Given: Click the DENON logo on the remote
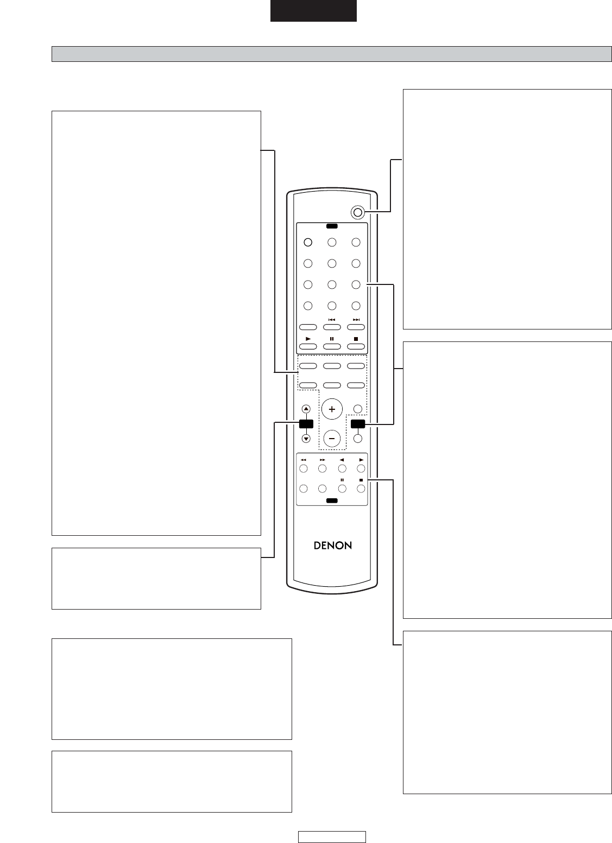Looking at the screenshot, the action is tap(333, 546).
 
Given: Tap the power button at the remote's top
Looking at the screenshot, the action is tap(357, 212).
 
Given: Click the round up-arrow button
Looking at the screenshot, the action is tap(306, 409).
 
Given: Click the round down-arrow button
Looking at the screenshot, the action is tap(306, 439).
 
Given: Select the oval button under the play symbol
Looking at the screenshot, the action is tap(308, 346).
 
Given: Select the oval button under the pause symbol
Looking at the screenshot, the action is tap(332, 346).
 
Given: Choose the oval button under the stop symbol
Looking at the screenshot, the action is tap(356, 346).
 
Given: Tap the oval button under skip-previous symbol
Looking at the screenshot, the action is tap(332, 327).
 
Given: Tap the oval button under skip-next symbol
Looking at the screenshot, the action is tap(356, 327).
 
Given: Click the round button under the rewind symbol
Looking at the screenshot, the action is tap(304, 468).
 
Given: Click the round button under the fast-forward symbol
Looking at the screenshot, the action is tap(322, 468).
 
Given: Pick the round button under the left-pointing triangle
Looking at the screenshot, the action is tap(342, 468).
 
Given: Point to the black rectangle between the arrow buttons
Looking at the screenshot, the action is tap(306, 424).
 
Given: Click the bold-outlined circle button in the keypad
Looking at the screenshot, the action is tap(308, 242).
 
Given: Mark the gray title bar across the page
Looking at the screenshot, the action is tap(332, 54).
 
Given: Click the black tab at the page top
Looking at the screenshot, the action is tap(313, 10).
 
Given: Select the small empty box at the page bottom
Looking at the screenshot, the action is tap(332, 836).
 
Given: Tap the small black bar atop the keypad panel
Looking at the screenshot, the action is tap(332, 226).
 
